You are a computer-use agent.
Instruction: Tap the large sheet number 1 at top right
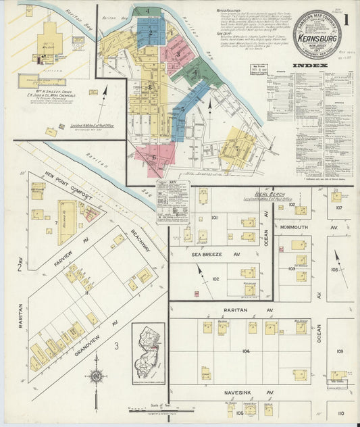346,18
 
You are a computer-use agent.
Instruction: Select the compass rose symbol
97,376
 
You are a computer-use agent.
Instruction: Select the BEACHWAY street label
143,239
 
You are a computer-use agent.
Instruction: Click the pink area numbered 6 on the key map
155,156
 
